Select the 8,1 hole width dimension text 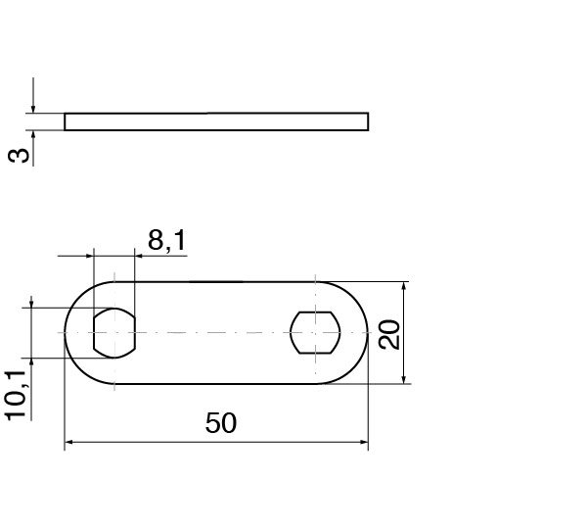coord(166,239)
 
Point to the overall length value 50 coord(221,423)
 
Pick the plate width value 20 coord(388,334)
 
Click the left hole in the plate coord(114,332)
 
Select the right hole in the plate coord(314,332)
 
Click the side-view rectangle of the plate coord(216,121)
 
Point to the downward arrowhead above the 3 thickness coord(33,108)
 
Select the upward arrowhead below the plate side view coord(33,136)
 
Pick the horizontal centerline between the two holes coord(215,332)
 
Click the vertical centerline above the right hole coord(315,291)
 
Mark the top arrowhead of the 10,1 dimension coord(33,303)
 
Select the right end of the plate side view coord(369,121)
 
